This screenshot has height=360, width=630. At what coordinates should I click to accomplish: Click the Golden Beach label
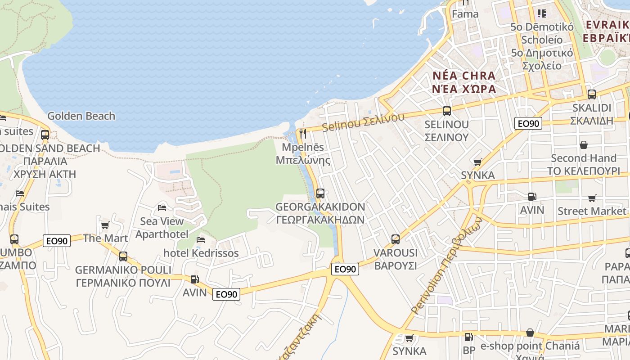(81, 116)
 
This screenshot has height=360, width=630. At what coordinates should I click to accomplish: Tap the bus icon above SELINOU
(446, 111)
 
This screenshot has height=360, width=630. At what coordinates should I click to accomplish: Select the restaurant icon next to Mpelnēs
(302, 134)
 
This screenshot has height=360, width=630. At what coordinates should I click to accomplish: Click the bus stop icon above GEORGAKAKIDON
(320, 193)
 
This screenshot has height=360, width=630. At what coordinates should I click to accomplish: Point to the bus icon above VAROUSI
(395, 239)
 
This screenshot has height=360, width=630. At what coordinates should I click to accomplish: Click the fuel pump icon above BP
(468, 337)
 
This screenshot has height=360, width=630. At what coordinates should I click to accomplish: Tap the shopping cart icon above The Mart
(105, 225)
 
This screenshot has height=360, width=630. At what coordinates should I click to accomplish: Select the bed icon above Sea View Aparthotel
(162, 207)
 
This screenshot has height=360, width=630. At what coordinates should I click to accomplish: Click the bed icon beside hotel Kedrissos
(201, 239)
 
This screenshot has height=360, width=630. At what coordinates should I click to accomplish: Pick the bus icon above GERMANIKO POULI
(123, 256)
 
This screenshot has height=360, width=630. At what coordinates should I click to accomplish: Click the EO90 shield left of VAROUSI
(345, 269)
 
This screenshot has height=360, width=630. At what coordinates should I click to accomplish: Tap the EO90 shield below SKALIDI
(529, 123)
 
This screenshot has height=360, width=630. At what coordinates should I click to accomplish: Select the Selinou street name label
(363, 122)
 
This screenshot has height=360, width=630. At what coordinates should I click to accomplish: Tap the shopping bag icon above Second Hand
(583, 144)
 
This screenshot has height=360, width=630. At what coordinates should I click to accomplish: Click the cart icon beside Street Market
(592, 198)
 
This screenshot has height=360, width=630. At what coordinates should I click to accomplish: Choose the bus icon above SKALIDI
(591, 94)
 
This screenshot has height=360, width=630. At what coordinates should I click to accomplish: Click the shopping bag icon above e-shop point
(530, 333)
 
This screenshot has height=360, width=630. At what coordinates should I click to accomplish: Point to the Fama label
(465, 14)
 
